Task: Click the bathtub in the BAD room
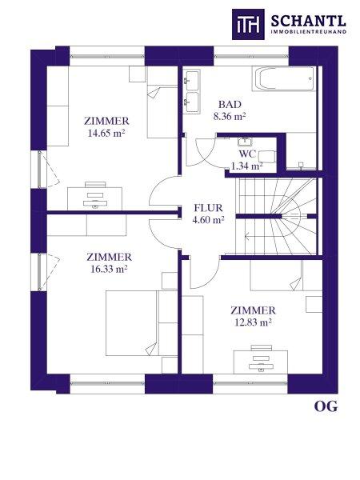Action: pyautogui.click(x=283, y=78)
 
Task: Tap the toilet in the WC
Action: pyautogui.click(x=267, y=157)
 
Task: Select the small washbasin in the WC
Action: pyautogui.click(x=245, y=142)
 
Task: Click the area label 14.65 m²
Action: pyautogui.click(x=106, y=134)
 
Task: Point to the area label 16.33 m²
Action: pyautogui.click(x=109, y=269)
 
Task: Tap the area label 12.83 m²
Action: pyautogui.click(x=253, y=322)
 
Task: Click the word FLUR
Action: pyautogui.click(x=208, y=208)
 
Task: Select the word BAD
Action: pyautogui.click(x=230, y=104)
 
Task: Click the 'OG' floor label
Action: pyautogui.click(x=326, y=406)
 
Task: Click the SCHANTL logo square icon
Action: pyautogui.click(x=248, y=25)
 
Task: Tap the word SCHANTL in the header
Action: pyautogui.click(x=309, y=21)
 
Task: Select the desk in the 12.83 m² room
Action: pyautogui.click(x=261, y=362)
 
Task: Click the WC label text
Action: pyautogui.click(x=247, y=154)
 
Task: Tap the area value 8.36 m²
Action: pyautogui.click(x=230, y=117)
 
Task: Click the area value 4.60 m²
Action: pyautogui.click(x=208, y=220)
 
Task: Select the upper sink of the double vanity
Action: pyautogui.click(x=192, y=80)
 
